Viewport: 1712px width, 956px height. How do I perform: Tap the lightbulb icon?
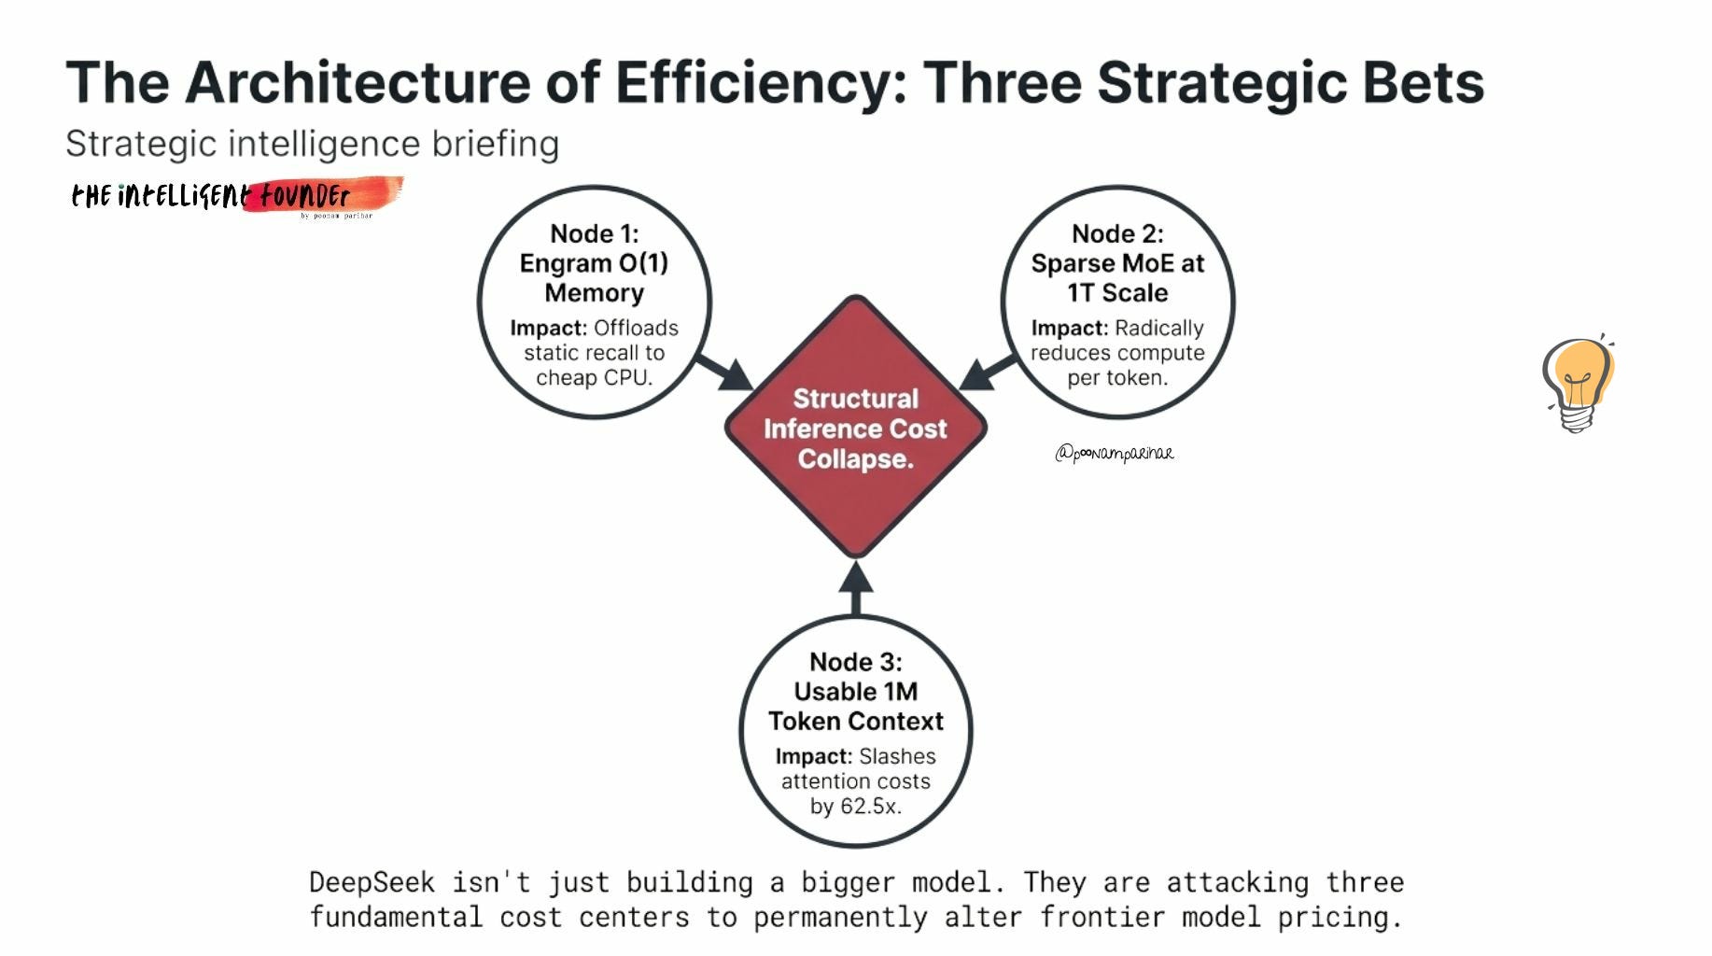point(1578,383)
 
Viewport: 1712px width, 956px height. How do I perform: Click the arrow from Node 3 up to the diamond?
point(856,588)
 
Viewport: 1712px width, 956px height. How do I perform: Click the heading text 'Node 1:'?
point(595,233)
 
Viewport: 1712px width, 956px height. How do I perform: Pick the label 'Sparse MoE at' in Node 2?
point(1117,263)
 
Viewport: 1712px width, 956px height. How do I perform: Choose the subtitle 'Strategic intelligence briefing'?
point(312,144)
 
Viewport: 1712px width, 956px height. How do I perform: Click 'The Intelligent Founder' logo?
point(233,196)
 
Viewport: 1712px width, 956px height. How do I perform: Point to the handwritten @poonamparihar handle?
point(1115,454)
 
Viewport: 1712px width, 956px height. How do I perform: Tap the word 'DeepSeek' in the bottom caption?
point(372,882)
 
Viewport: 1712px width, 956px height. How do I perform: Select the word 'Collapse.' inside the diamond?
point(855,458)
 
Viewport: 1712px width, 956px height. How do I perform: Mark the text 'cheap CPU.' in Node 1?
point(595,377)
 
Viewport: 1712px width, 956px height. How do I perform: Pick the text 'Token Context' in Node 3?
point(856,721)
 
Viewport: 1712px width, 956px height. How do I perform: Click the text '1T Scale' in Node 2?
point(1117,293)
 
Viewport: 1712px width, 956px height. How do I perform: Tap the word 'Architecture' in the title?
point(358,82)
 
